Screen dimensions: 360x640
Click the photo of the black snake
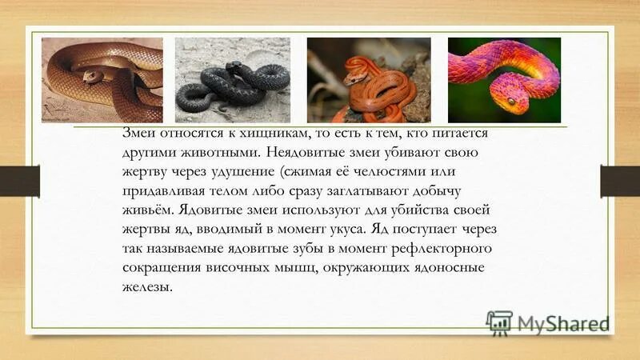(x=232, y=80)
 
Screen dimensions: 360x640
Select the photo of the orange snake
(x=369, y=80)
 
